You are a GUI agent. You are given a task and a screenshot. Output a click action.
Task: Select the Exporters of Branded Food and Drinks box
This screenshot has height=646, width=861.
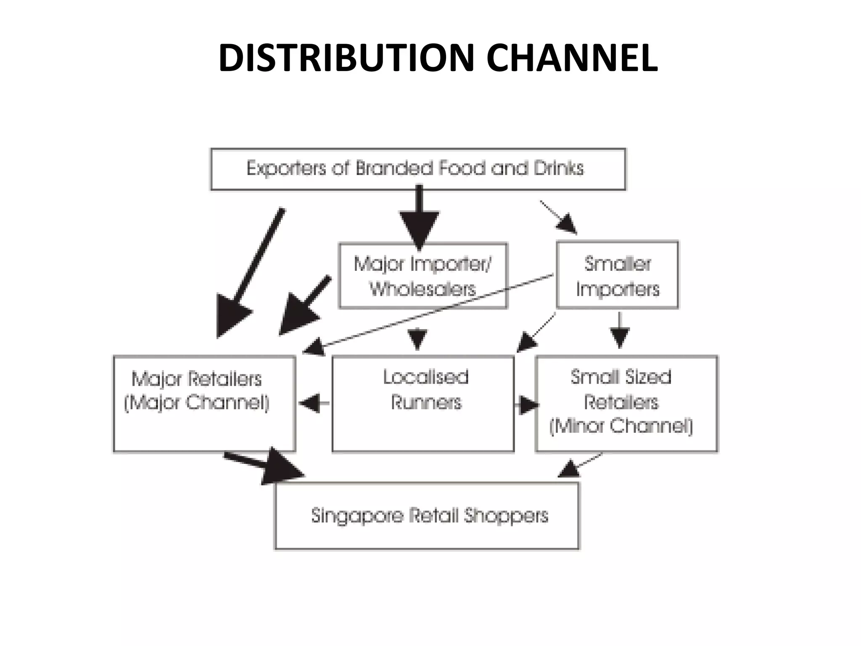click(418, 169)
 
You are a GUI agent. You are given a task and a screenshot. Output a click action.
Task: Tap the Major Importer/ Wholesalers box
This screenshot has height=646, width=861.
click(423, 275)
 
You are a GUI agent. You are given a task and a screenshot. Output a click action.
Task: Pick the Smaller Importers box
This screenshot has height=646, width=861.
click(617, 275)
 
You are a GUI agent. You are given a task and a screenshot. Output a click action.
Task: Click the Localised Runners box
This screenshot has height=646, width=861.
click(423, 404)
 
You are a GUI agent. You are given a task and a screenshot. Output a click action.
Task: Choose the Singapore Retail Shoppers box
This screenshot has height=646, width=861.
click(427, 516)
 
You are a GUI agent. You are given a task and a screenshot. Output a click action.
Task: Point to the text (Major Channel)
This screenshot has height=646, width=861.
click(197, 402)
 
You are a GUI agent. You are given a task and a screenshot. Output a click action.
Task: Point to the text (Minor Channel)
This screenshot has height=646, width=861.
click(621, 426)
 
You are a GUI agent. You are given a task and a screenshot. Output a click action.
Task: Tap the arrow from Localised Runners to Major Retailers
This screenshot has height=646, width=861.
click(313, 403)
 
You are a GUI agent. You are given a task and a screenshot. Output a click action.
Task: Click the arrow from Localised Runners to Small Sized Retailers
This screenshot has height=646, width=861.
click(526, 405)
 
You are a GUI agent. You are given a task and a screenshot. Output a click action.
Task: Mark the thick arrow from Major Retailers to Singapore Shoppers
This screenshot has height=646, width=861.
click(265, 465)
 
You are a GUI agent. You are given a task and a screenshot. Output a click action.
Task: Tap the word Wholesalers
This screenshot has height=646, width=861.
click(423, 289)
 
